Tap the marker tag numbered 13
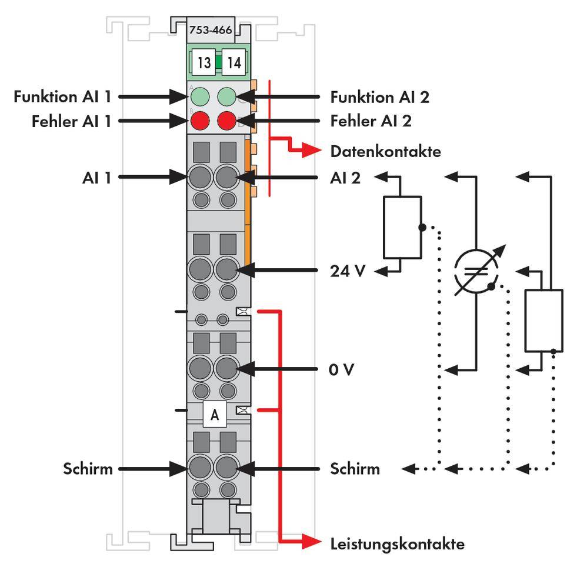tap(204, 62)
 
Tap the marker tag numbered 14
tap(234, 62)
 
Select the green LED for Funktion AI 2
tap(227, 96)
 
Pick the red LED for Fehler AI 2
tap(227, 121)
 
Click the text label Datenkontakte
tap(385, 151)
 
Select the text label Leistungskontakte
tap(397, 543)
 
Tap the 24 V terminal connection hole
tap(226, 271)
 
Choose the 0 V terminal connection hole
tap(226, 369)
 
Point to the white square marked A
tap(215, 415)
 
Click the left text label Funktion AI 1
tap(62, 96)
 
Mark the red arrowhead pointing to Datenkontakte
tap(313, 151)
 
